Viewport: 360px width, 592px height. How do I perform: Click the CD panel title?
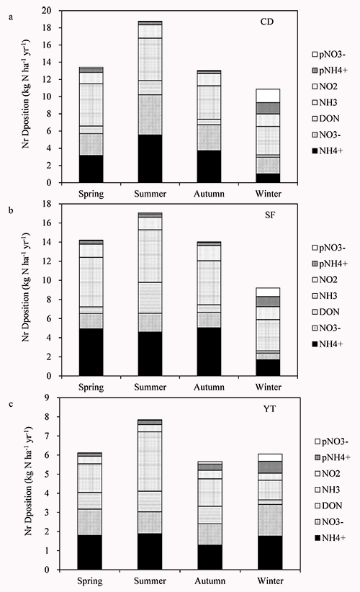267,22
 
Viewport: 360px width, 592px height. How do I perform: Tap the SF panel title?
270,215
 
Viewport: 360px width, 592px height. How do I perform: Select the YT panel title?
269,408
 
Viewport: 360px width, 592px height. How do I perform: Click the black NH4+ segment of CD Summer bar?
150,158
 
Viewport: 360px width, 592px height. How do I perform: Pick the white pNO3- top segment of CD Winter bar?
268,96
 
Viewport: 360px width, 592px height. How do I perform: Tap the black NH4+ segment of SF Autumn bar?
209,352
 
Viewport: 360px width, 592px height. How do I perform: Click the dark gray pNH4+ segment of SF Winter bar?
268,302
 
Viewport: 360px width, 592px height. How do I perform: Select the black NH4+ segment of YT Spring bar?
90,552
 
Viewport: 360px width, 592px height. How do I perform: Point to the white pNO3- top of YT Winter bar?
270,457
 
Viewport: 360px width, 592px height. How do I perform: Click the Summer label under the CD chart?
150,194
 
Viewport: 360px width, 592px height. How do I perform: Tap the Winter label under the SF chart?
269,387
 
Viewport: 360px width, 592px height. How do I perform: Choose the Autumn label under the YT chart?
210,580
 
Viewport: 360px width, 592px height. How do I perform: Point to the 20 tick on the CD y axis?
46,11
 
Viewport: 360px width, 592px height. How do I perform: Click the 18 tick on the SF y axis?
46,204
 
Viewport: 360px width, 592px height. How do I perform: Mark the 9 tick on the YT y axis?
48,398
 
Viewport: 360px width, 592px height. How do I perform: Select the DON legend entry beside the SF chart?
325,312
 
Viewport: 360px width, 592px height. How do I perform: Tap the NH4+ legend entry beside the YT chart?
330,538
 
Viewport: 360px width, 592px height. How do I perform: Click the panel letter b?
11,210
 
